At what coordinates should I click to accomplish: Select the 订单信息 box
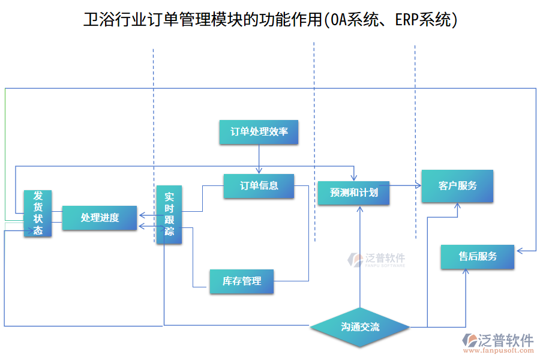point(259,185)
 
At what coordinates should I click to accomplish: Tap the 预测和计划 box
point(353,193)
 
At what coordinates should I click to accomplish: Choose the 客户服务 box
point(457,185)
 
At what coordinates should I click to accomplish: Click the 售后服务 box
point(478,257)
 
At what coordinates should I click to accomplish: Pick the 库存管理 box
point(241,281)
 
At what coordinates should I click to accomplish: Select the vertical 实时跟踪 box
point(169,214)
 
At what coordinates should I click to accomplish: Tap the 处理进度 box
point(100,218)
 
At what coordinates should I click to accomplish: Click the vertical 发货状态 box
point(38,213)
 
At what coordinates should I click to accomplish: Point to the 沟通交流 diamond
point(360,327)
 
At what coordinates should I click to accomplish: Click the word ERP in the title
point(407,20)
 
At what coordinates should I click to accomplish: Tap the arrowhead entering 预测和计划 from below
point(360,209)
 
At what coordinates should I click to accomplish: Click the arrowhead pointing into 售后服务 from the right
point(520,251)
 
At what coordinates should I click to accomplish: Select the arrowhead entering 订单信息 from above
point(259,172)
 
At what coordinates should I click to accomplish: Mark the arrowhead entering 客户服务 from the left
point(418,185)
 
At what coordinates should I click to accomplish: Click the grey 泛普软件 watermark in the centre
point(377,259)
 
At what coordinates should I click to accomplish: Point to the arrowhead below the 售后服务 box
point(466,272)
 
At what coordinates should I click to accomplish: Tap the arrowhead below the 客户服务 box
point(457,206)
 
